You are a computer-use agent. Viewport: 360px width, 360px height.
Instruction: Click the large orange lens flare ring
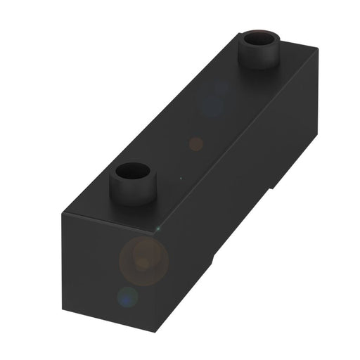tap(144, 257)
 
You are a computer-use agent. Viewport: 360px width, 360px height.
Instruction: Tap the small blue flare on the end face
tap(127, 297)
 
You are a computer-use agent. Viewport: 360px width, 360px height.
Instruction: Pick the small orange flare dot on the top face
tap(196, 143)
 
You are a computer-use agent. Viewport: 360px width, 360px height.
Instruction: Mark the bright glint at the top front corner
tap(159, 229)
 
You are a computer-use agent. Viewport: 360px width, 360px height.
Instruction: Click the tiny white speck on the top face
tap(181, 178)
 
